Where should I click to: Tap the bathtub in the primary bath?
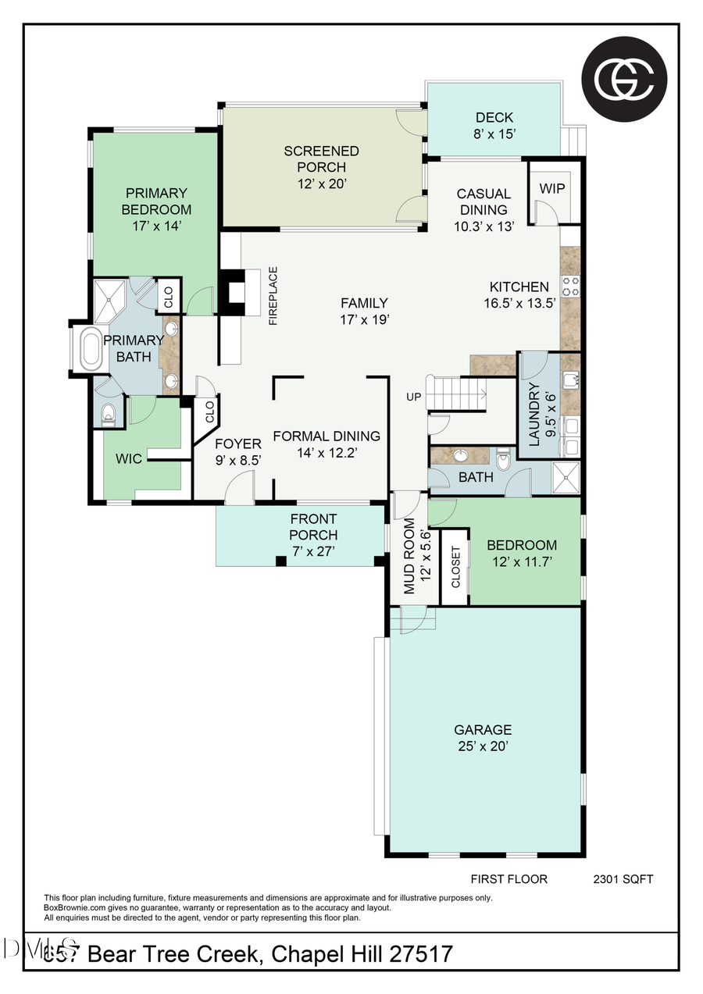pyautogui.click(x=91, y=348)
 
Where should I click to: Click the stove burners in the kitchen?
pyautogui.click(x=571, y=287)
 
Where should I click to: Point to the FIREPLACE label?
pyautogui.click(x=273, y=296)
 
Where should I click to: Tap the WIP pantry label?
pyautogui.click(x=552, y=189)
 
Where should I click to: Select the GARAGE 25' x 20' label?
pyautogui.click(x=483, y=738)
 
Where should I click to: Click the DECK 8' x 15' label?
pyautogui.click(x=494, y=126)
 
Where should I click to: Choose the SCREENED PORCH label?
pyautogui.click(x=321, y=167)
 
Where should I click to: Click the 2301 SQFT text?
pyautogui.click(x=623, y=879)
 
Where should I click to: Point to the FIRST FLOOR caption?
pyautogui.click(x=509, y=879)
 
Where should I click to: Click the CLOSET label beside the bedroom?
pyautogui.click(x=456, y=566)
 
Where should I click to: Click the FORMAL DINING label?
pyautogui.click(x=327, y=444)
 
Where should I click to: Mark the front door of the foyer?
pyautogui.click(x=239, y=493)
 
